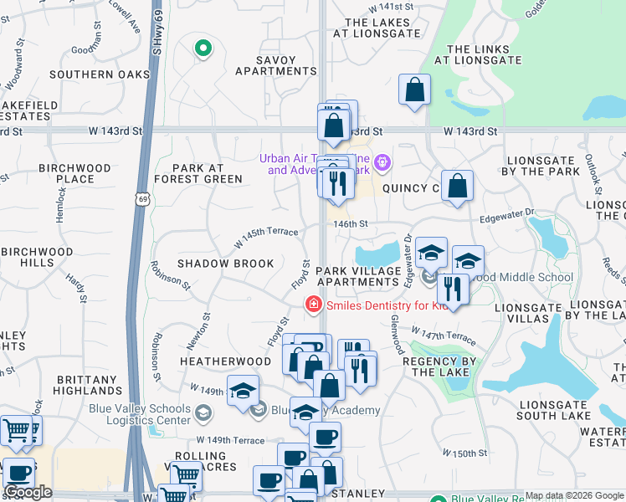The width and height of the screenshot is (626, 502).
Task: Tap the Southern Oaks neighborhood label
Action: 99,74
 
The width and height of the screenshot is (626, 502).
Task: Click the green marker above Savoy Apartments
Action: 203,49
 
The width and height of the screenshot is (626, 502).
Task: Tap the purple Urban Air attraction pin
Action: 382,161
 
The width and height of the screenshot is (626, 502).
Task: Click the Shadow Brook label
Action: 225,264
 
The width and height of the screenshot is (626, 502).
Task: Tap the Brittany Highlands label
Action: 89,385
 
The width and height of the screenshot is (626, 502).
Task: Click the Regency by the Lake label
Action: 439,366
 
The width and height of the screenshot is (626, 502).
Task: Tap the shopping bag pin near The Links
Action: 414,90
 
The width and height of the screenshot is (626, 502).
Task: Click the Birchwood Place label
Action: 74,173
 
